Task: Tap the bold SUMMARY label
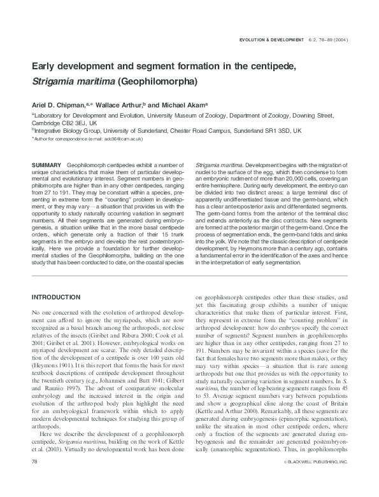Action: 46,165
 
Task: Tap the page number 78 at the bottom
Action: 35,477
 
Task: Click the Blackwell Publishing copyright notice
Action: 315,478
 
